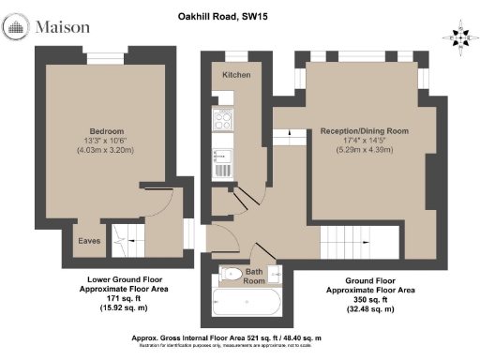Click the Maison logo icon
18,28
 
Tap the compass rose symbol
459,37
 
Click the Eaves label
89,241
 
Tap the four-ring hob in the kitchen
223,120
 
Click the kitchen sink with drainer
223,161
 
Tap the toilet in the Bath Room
231,274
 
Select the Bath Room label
256,276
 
